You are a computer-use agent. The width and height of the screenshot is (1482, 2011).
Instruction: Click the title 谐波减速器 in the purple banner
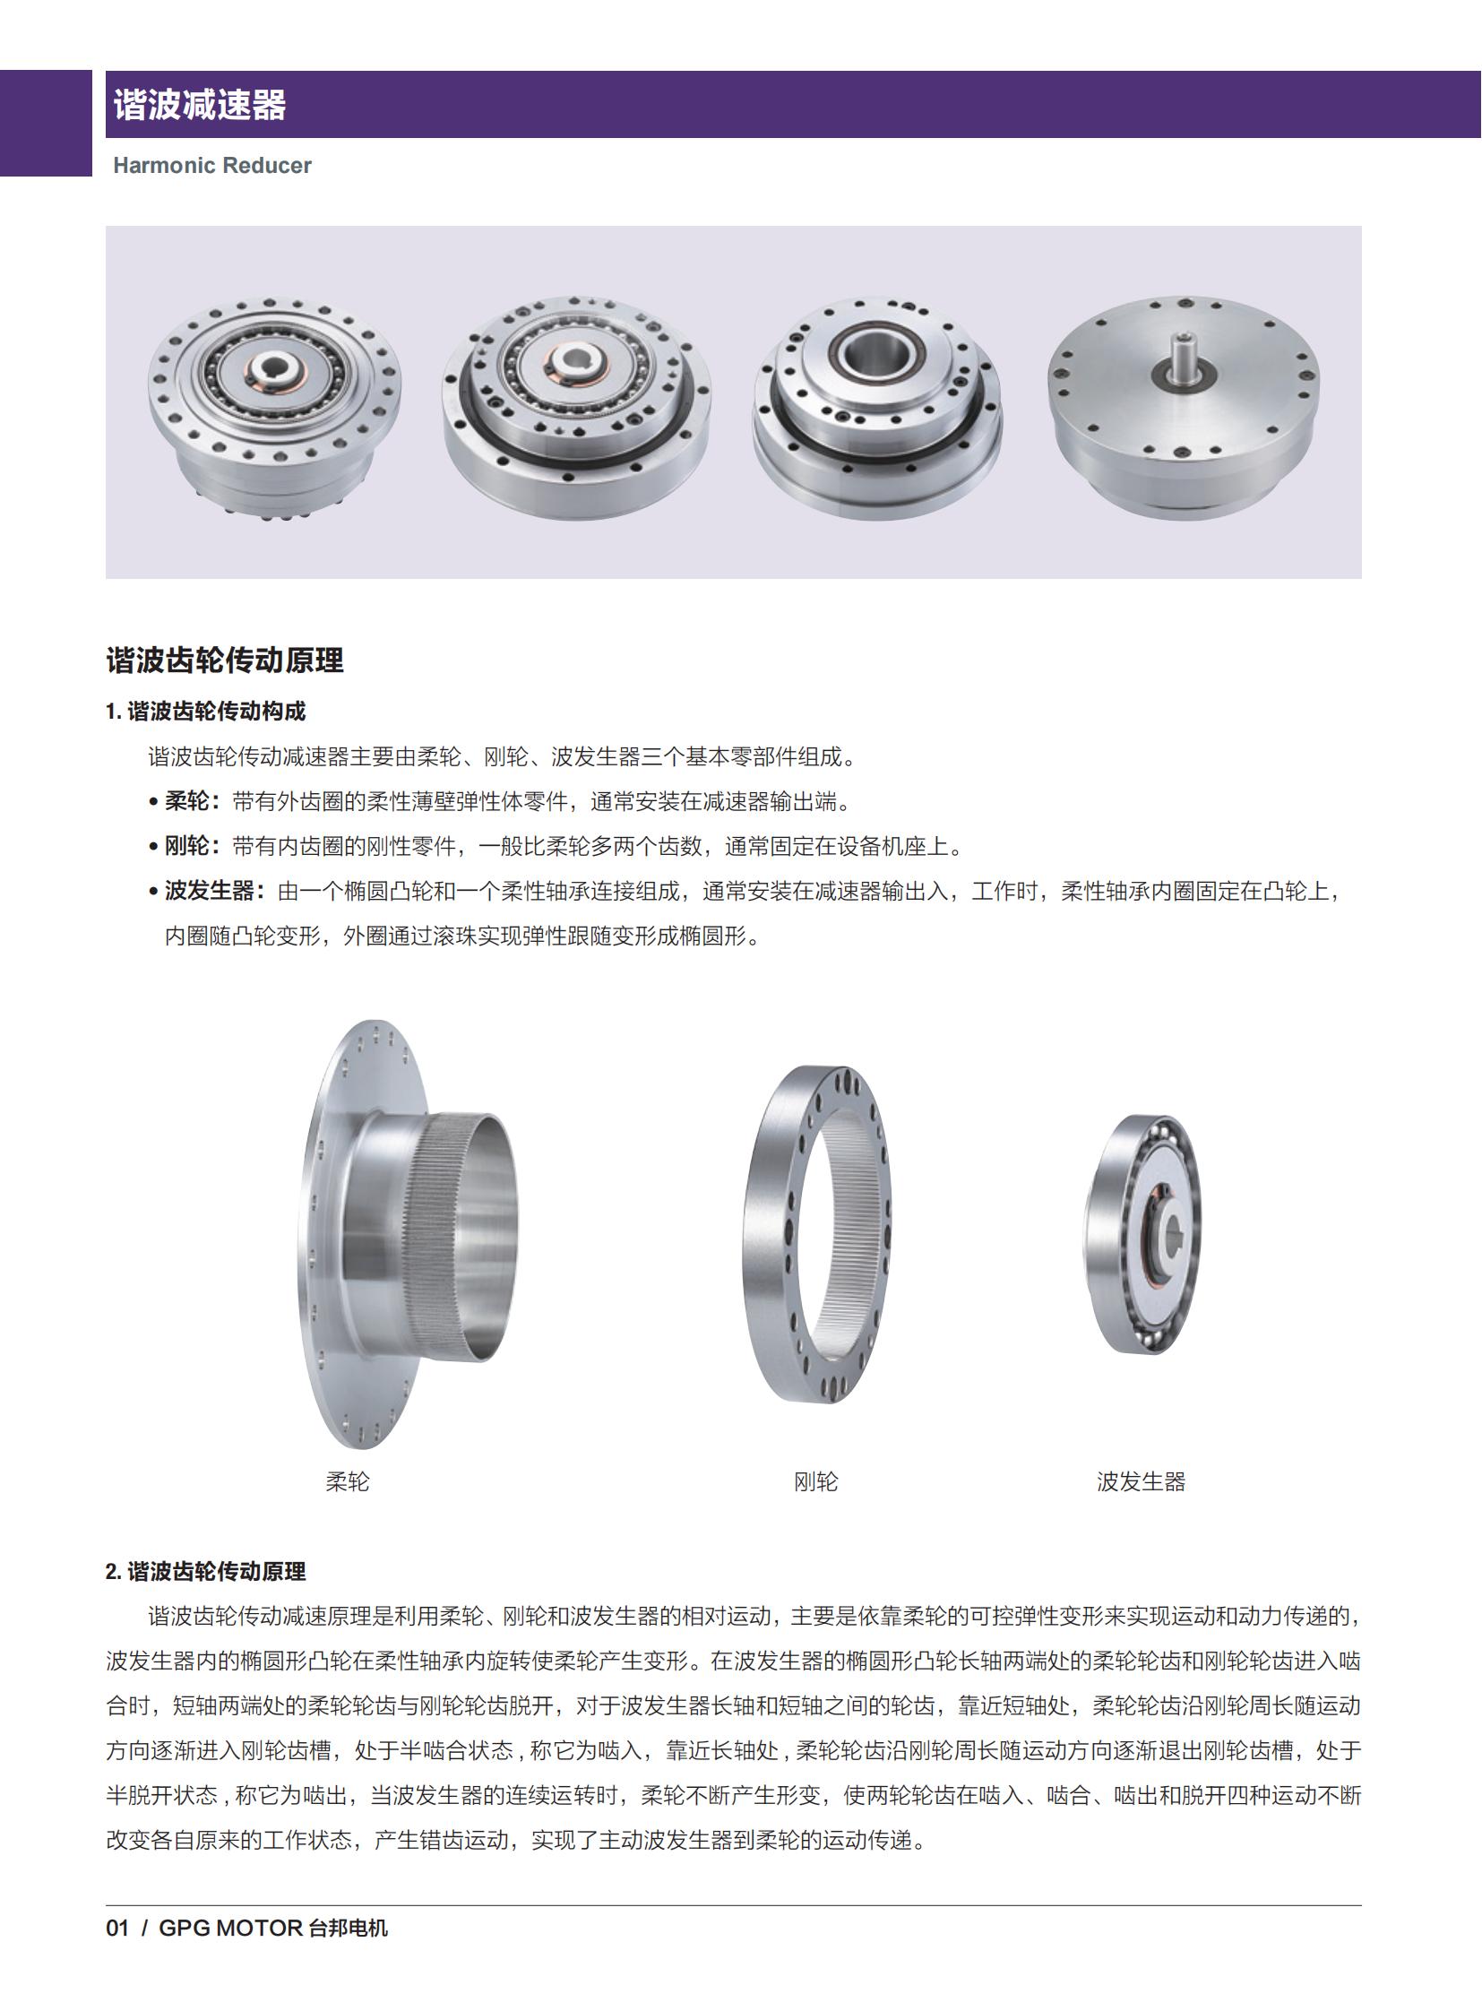(x=199, y=105)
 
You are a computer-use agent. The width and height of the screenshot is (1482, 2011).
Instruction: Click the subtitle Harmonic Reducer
(x=211, y=166)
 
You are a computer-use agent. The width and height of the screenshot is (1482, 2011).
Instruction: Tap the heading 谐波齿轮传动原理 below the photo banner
(x=224, y=660)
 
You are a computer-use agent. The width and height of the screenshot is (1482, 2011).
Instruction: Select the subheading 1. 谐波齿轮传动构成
(x=205, y=712)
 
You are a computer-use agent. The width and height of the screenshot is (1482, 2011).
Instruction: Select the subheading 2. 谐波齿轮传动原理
(x=205, y=1571)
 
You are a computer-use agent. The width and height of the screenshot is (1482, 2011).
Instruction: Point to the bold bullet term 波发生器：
(x=214, y=891)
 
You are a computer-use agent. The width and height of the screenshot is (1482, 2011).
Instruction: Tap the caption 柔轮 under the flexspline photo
(x=347, y=1481)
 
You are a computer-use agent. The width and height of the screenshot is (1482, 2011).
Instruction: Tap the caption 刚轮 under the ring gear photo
(x=815, y=1481)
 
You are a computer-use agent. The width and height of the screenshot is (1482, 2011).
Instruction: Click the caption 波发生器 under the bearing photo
(x=1142, y=1481)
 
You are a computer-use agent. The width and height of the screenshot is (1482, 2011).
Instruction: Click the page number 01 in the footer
(x=117, y=1929)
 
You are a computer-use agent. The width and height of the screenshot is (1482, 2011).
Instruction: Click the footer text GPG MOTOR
(x=230, y=1929)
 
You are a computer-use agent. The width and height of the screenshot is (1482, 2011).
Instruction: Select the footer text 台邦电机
(x=348, y=1929)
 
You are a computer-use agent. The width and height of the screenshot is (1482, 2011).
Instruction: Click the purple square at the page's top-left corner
(x=45, y=123)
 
